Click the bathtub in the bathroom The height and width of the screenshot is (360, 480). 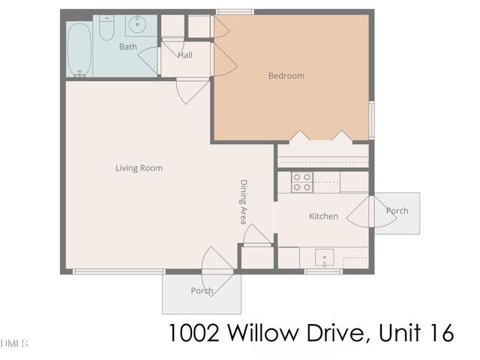coord(79,49)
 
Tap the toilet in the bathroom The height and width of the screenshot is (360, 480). coord(107,28)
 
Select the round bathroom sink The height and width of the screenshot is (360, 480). coord(137,25)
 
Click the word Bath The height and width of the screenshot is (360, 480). coord(128,47)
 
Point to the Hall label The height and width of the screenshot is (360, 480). coord(185,55)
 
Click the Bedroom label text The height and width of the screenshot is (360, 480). coord(286,76)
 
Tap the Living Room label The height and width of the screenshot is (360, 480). coord(139,168)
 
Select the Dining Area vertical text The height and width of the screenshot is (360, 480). coord(244,202)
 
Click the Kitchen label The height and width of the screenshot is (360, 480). coord(323,217)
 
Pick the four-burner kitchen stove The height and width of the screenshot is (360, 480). coord(301,181)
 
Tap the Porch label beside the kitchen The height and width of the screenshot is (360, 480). coord(397,211)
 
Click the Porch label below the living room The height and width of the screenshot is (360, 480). coord(201,291)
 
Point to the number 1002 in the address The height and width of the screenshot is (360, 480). coord(190,333)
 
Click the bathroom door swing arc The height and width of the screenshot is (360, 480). coord(148,61)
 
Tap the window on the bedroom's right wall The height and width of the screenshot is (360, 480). coord(371,120)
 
